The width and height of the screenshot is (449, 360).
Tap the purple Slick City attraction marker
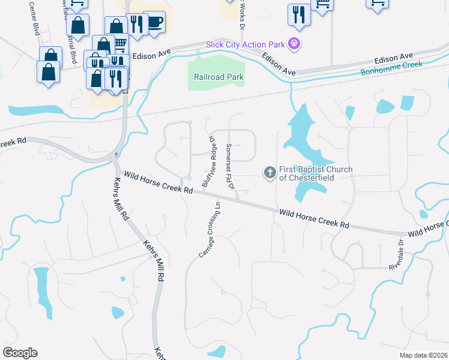coord(294,43)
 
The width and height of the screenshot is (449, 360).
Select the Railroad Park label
coord(218,77)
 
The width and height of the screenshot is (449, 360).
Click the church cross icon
coord(270,173)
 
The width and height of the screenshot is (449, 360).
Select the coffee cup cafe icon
coord(155,22)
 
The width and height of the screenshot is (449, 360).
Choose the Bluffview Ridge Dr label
coord(208,161)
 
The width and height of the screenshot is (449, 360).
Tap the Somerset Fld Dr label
coord(229,166)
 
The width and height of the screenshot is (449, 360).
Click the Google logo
coord(20,353)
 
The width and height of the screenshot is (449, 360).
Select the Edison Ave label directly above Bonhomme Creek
coord(390,60)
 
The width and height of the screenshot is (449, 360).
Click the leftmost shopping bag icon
coord(48,72)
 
